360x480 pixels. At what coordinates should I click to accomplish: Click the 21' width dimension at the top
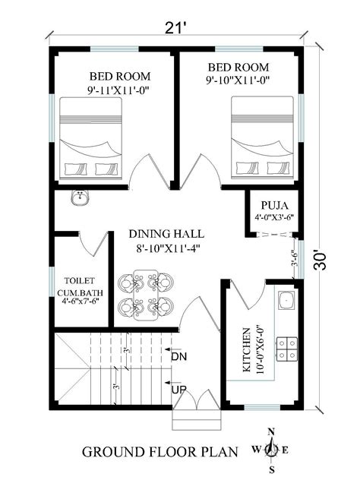click(176, 28)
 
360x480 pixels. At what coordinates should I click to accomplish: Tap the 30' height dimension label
click(320, 261)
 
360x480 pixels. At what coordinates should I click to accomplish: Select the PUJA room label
click(275, 205)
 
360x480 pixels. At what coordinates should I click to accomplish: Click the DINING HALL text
click(166, 234)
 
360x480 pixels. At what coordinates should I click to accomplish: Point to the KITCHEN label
click(246, 350)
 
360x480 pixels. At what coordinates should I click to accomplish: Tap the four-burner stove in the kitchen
click(287, 348)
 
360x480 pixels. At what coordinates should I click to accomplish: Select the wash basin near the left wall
click(81, 197)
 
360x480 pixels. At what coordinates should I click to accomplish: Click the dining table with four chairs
click(145, 295)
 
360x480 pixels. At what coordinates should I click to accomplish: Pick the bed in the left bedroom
click(90, 138)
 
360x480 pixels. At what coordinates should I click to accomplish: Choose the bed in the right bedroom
click(262, 137)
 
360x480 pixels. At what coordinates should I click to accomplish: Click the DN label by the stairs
click(178, 357)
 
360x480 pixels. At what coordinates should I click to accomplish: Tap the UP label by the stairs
click(178, 390)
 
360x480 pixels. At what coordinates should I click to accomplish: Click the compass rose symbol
click(271, 450)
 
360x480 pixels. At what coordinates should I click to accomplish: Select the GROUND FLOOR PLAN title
click(159, 452)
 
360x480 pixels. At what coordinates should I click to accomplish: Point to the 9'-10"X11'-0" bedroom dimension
click(238, 81)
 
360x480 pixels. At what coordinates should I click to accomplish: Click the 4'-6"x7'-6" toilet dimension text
click(81, 301)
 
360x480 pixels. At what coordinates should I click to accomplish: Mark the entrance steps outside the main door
click(197, 420)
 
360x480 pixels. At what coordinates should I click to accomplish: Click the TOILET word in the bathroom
click(80, 280)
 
